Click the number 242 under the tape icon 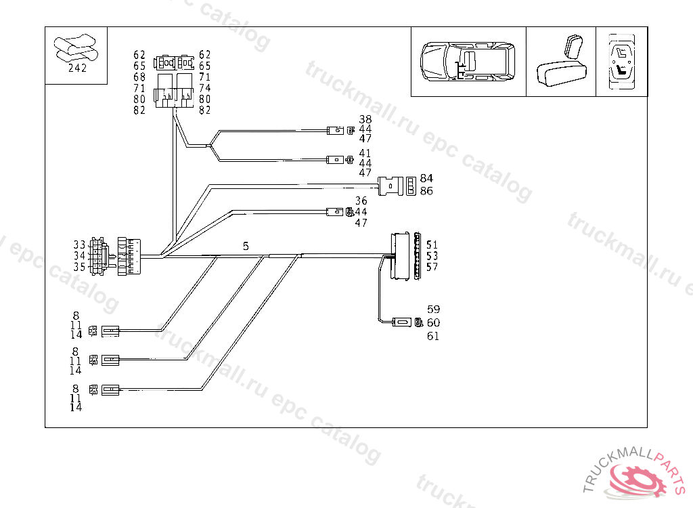click(77, 68)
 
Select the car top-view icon click(468, 62)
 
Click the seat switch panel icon click(621, 62)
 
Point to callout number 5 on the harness click(246, 247)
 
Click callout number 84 click(426, 178)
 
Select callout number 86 click(426, 191)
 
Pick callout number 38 click(365, 119)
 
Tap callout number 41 click(365, 153)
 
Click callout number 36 click(361, 201)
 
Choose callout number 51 click(432, 245)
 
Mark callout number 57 click(432, 267)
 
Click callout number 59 click(433, 310)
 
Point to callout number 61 click(433, 336)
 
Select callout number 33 click(80, 245)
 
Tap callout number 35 click(80, 267)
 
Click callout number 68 click(139, 77)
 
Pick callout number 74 click(204, 88)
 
